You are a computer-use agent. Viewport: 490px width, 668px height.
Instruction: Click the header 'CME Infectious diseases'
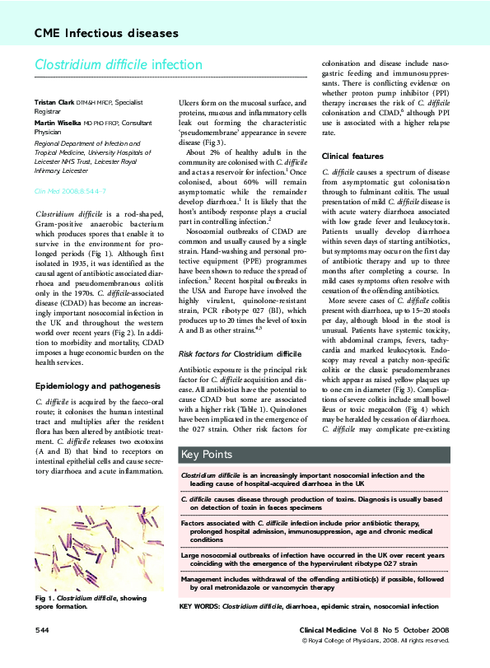pos(106,34)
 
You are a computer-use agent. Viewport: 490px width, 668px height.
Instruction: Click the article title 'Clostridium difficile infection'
pos(118,64)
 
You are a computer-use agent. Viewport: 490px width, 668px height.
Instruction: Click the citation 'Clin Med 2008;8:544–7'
pos(69,189)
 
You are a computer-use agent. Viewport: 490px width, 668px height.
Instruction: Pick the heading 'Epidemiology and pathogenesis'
pos(97,385)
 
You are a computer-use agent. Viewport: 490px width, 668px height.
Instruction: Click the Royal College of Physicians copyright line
pos(376,640)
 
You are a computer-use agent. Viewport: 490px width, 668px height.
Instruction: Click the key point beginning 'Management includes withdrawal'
pos(313,584)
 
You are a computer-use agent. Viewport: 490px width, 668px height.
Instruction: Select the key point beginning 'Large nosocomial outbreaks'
pos(313,560)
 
